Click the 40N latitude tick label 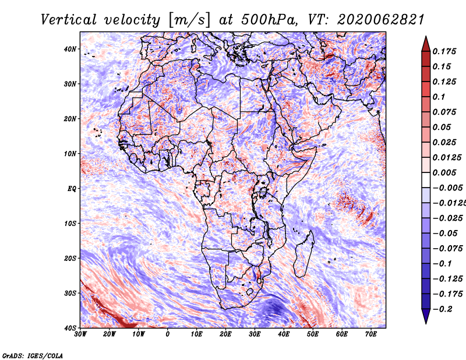click(70, 49)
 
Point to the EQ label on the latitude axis click(71, 188)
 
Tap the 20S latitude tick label click(70, 258)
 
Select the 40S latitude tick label click(70, 327)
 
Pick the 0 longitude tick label click(168, 334)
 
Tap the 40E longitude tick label click(284, 334)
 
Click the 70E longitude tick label click(370, 334)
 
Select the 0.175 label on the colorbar click(444, 51)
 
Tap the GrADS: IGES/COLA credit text click(33, 355)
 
